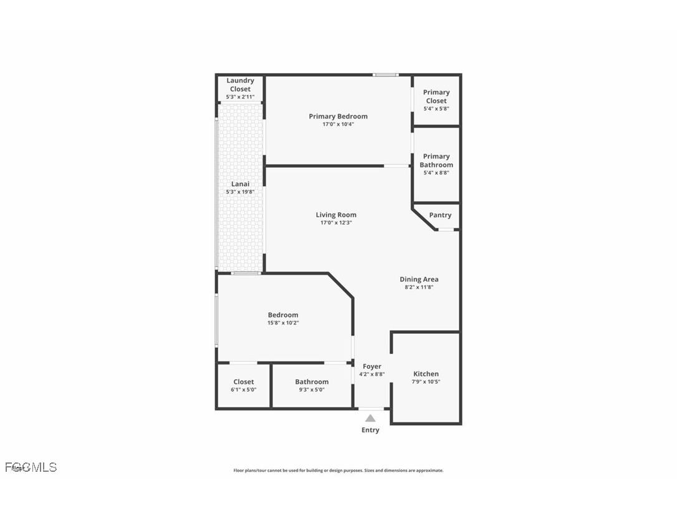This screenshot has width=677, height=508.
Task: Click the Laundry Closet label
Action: pos(240,85)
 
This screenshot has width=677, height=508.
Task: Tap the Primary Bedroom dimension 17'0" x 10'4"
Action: pos(338,124)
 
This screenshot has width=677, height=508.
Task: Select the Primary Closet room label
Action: pos(436,96)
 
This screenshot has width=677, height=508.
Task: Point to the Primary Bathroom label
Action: pos(436,160)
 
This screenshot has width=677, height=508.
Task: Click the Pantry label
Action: pos(440,215)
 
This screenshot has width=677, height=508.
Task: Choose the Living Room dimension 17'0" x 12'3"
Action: pos(336,223)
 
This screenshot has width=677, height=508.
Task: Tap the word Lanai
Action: pos(240,184)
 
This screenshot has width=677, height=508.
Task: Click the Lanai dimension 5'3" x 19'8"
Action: pos(240,192)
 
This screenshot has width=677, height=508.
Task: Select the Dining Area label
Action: pos(419,279)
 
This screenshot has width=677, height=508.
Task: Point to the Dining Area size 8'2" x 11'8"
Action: pos(419,287)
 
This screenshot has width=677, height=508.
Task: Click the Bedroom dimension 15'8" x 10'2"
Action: pos(283,323)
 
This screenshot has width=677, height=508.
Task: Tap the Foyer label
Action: pos(372,366)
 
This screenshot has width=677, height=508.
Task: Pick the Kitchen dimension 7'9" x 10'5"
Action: pos(426,382)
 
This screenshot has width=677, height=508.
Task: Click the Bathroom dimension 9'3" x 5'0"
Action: pos(312,389)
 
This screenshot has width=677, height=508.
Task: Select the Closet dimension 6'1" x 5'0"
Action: pos(243,389)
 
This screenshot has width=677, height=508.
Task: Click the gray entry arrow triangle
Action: pos(370,418)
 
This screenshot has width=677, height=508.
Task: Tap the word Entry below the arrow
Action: pos(370,430)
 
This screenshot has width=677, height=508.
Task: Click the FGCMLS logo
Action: pos(31,467)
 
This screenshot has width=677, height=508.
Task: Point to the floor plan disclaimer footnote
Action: pos(338,471)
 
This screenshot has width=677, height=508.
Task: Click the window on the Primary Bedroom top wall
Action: pos(385,75)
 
